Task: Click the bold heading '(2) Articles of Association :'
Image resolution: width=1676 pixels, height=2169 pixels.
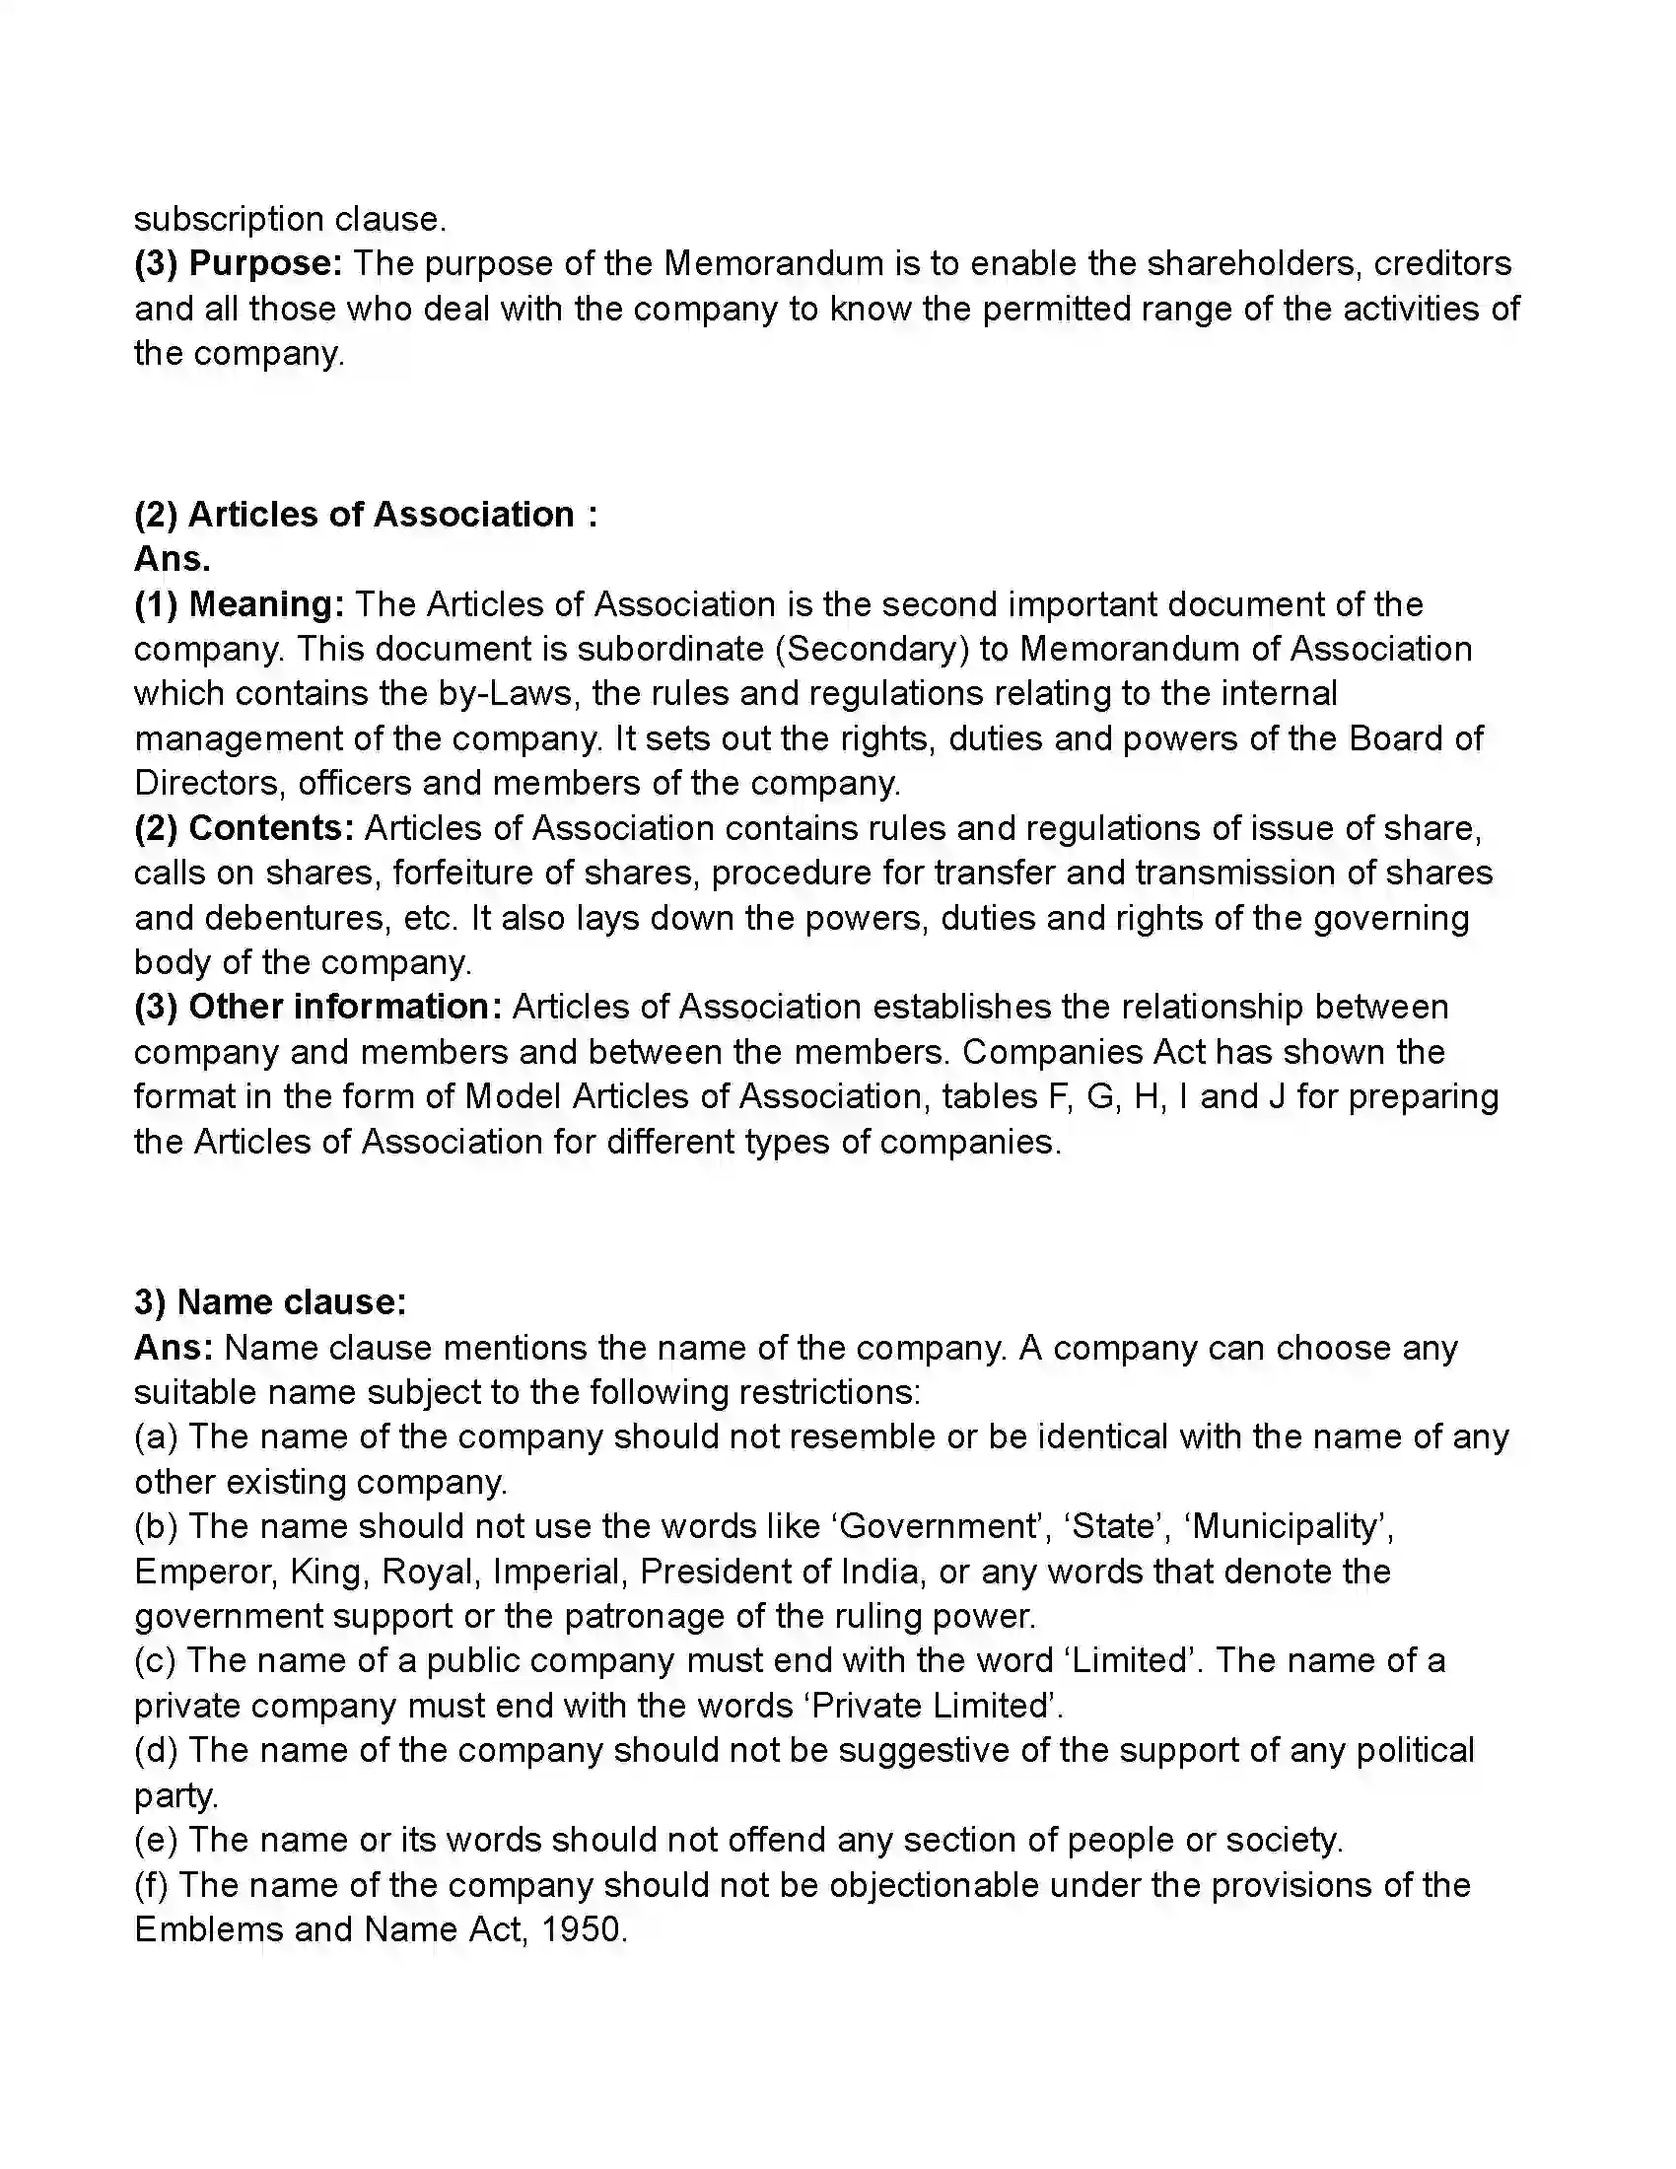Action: pyautogui.click(x=366, y=515)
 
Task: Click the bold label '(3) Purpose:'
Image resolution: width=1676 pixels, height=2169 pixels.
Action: pyautogui.click(x=239, y=263)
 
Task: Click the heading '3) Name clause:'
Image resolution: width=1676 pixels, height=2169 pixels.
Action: pyautogui.click(x=270, y=1301)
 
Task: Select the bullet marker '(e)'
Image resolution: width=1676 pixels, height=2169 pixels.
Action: pyautogui.click(x=156, y=1840)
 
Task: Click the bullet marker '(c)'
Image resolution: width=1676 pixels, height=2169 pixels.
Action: pyautogui.click(x=155, y=1660)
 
